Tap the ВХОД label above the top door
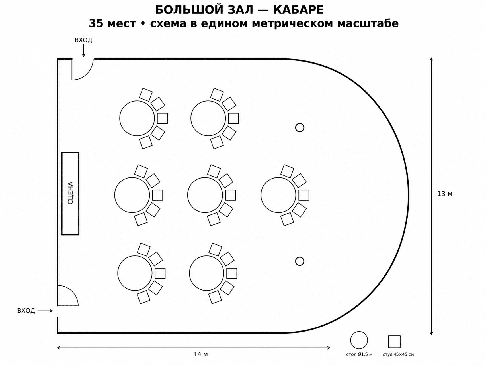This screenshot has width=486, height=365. pos(83,40)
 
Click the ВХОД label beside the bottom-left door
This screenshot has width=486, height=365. pos(26,311)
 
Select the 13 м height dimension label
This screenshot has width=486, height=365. pos(445,194)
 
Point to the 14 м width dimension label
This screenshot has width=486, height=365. pos(201,354)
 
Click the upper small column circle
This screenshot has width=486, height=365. pos(300,127)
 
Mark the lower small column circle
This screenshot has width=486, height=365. pos(300,261)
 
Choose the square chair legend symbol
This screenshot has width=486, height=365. pos(394,341)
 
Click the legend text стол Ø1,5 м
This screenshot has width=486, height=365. pos(359,354)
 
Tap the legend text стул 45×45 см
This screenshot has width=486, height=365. pos(398,354)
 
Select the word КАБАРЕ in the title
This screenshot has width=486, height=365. pos(298,10)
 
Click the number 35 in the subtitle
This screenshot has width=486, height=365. pos(96,24)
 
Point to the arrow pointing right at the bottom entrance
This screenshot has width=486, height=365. pos(45,311)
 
